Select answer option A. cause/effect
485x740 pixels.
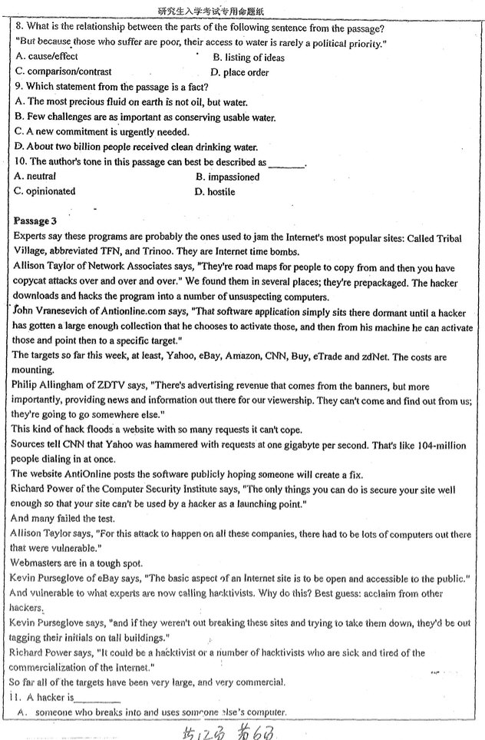[47, 57]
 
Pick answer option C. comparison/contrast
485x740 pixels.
[58, 72]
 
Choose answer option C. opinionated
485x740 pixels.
[45, 191]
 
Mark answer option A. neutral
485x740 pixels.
[35, 177]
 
